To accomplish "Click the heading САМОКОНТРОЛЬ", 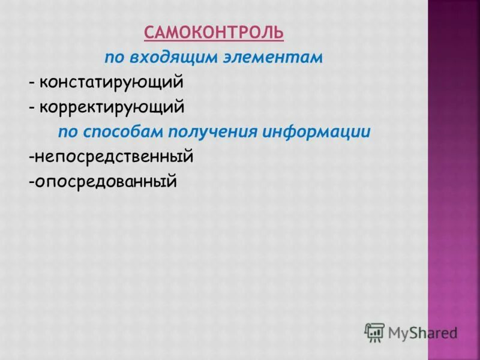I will coord(214,32).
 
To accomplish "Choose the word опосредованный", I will coord(106,181).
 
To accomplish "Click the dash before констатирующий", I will coord(31,83).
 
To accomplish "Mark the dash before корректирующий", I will coord(31,109).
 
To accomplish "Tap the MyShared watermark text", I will coord(422,332).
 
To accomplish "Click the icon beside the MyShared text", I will coord(374,332).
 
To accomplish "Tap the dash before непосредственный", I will coord(30,158).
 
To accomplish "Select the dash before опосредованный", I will coord(30,181).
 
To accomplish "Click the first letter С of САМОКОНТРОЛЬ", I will coord(149,32).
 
